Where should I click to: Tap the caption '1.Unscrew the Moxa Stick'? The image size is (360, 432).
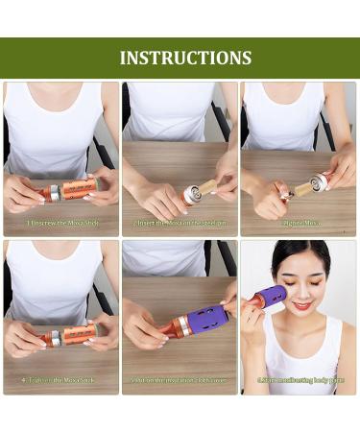point(62,223)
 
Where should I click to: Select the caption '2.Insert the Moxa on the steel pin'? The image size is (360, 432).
point(180,223)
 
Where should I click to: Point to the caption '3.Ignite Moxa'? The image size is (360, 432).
point(300,223)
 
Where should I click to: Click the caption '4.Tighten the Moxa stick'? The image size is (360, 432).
point(62,380)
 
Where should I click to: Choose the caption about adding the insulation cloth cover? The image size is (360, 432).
point(180,380)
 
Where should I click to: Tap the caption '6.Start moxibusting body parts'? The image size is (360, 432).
point(300,380)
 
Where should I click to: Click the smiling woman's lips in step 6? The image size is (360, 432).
point(301,307)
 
